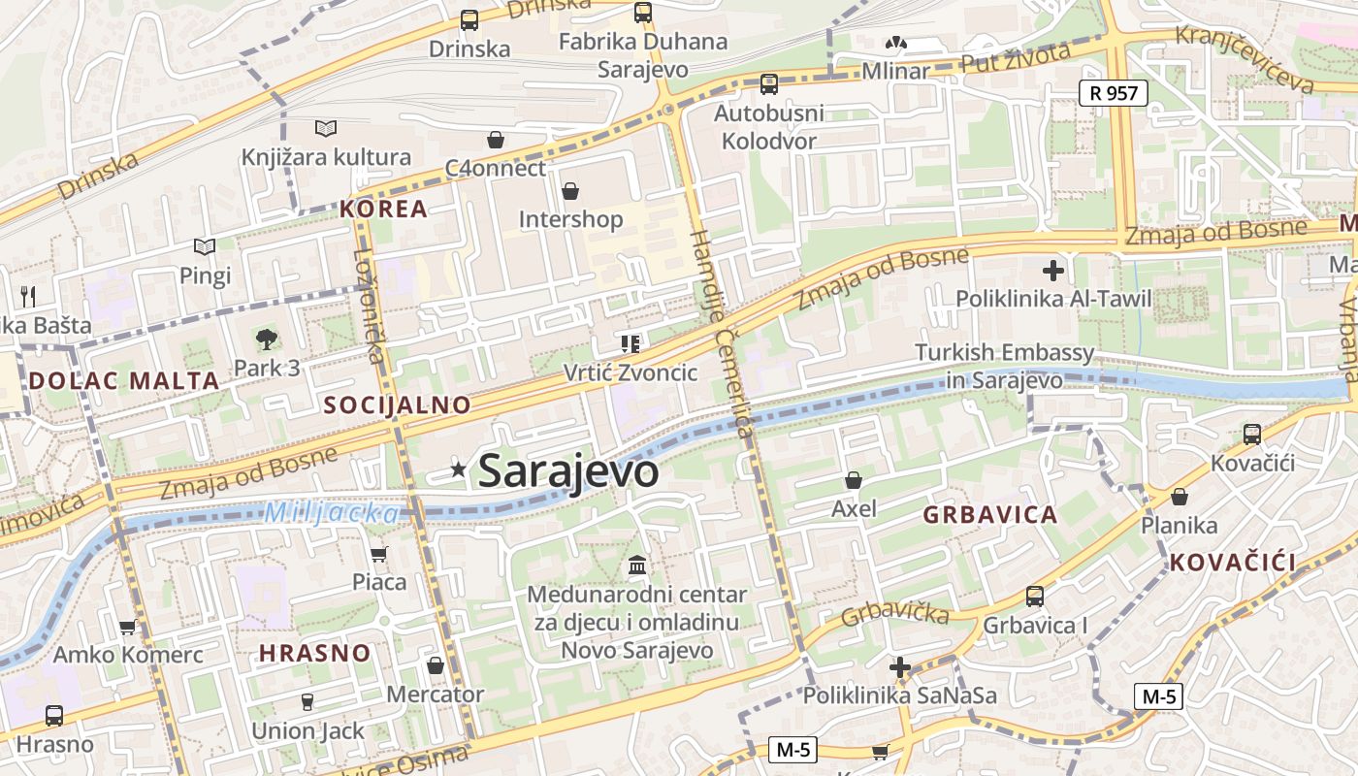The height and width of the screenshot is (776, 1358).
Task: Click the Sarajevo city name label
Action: tap(568, 471)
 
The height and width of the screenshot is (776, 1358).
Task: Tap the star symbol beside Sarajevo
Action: tap(459, 470)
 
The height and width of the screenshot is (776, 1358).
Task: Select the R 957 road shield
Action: tap(1114, 93)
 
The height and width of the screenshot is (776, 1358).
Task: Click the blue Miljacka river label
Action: tap(331, 512)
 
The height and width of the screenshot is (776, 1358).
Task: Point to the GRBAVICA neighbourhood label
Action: tap(989, 515)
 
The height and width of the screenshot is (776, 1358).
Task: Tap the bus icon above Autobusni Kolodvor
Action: tap(769, 84)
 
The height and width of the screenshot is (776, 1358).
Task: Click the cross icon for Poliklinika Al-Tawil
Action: tap(1053, 270)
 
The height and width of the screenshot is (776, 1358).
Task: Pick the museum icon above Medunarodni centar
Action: tap(637, 565)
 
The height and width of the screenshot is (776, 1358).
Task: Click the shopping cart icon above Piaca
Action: tap(379, 554)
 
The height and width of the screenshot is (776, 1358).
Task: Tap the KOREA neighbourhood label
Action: tap(383, 209)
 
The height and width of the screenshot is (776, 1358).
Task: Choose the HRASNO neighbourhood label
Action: tap(314, 653)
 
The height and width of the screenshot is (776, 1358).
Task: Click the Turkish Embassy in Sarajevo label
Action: tap(1004, 366)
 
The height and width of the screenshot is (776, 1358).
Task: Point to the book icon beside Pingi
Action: tap(204, 247)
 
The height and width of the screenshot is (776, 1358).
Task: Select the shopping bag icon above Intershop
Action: tap(570, 190)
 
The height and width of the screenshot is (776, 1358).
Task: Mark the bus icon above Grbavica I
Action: tap(1035, 596)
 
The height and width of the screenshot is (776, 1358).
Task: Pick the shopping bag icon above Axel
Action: tap(854, 479)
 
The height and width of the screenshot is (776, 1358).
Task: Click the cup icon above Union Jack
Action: tap(307, 701)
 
